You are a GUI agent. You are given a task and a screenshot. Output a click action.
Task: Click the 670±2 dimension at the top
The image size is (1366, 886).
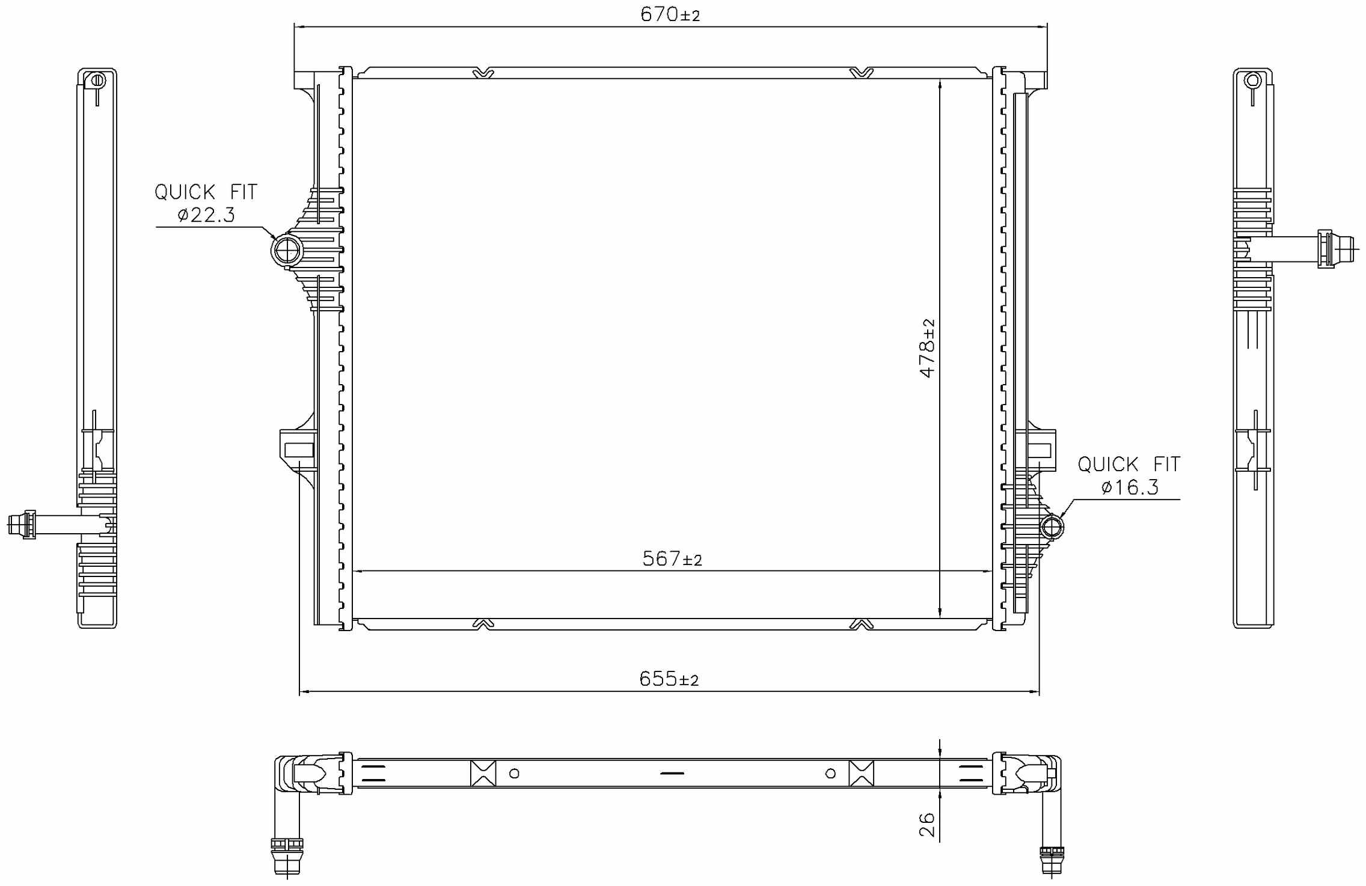tap(670, 14)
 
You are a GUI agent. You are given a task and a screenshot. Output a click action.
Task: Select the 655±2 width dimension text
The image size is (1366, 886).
tap(669, 679)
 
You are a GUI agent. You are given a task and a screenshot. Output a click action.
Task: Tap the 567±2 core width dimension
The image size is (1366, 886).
tap(672, 559)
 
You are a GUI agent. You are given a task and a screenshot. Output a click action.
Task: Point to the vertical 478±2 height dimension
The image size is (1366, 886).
tap(927, 348)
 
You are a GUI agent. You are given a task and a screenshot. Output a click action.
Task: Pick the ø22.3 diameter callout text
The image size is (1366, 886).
tap(206, 215)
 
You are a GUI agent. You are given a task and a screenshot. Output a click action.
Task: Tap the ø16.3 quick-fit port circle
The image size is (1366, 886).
tap(1052, 527)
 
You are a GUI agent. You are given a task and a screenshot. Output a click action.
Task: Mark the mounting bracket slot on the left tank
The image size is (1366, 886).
tap(299, 450)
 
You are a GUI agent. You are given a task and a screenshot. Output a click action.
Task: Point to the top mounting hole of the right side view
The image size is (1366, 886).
tap(1253, 81)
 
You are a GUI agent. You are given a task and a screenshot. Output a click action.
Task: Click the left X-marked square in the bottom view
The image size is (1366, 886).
tap(483, 774)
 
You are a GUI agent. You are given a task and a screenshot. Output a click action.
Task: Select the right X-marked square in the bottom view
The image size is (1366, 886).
tap(861, 774)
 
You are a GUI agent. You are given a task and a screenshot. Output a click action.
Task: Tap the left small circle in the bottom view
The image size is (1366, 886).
tap(514, 774)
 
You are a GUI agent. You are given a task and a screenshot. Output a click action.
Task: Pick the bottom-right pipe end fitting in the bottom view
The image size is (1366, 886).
tap(1052, 860)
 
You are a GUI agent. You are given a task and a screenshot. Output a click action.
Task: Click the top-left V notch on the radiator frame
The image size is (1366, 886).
tap(483, 73)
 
